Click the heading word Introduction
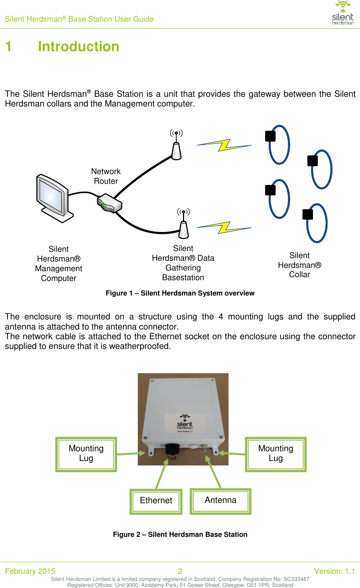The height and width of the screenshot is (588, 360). pyautogui.click(x=78, y=47)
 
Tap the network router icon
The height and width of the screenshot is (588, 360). pyautogui.click(x=110, y=203)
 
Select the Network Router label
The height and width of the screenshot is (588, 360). pyautogui.click(x=106, y=176)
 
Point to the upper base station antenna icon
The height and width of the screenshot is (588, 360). pyautogui.click(x=176, y=146)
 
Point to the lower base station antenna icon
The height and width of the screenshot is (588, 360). pyautogui.click(x=183, y=226)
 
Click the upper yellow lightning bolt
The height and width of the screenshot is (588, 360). pyautogui.click(x=224, y=145)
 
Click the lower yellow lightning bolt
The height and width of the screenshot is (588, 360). pyautogui.click(x=224, y=227)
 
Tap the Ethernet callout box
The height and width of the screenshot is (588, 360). pyautogui.click(x=156, y=501)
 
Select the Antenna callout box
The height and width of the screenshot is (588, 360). pyautogui.click(x=220, y=501)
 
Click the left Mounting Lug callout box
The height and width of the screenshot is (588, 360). pyautogui.click(x=86, y=454)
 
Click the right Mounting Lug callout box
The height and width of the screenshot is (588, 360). pyautogui.click(x=276, y=454)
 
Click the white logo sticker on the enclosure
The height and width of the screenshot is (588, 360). pyautogui.click(x=185, y=424)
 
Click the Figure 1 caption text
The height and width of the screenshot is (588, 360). pyautogui.click(x=180, y=293)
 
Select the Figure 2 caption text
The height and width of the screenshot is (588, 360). pyautogui.click(x=180, y=535)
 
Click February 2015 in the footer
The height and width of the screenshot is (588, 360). pyautogui.click(x=30, y=571)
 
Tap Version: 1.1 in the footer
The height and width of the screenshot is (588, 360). pyautogui.click(x=334, y=571)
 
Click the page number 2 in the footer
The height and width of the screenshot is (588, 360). pyautogui.click(x=180, y=571)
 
